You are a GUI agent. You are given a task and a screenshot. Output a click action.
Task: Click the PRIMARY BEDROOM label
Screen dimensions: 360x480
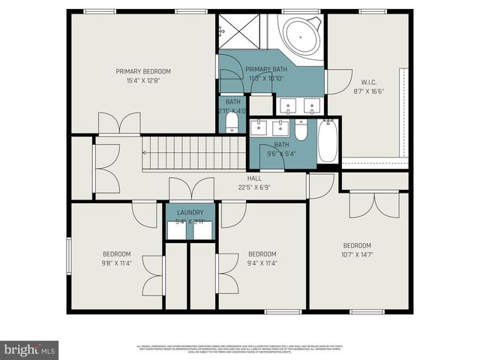[x=143, y=71]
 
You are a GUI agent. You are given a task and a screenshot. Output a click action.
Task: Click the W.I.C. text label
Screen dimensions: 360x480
[x=368, y=82]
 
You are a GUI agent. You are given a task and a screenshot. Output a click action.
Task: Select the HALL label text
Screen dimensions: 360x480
[x=255, y=178]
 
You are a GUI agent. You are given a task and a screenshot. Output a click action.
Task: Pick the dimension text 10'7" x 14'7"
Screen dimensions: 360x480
[x=358, y=255]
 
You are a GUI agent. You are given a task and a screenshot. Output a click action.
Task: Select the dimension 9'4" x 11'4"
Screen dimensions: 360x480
[x=262, y=262]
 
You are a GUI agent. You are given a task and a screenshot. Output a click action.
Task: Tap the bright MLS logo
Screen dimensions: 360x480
[x=30, y=349]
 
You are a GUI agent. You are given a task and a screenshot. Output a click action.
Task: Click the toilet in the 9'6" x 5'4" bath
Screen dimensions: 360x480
[x=301, y=132]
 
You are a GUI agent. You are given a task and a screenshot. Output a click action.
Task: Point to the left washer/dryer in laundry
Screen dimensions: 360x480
[x=177, y=230]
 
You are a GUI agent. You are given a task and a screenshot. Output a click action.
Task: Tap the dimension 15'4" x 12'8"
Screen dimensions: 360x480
[x=143, y=80]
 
